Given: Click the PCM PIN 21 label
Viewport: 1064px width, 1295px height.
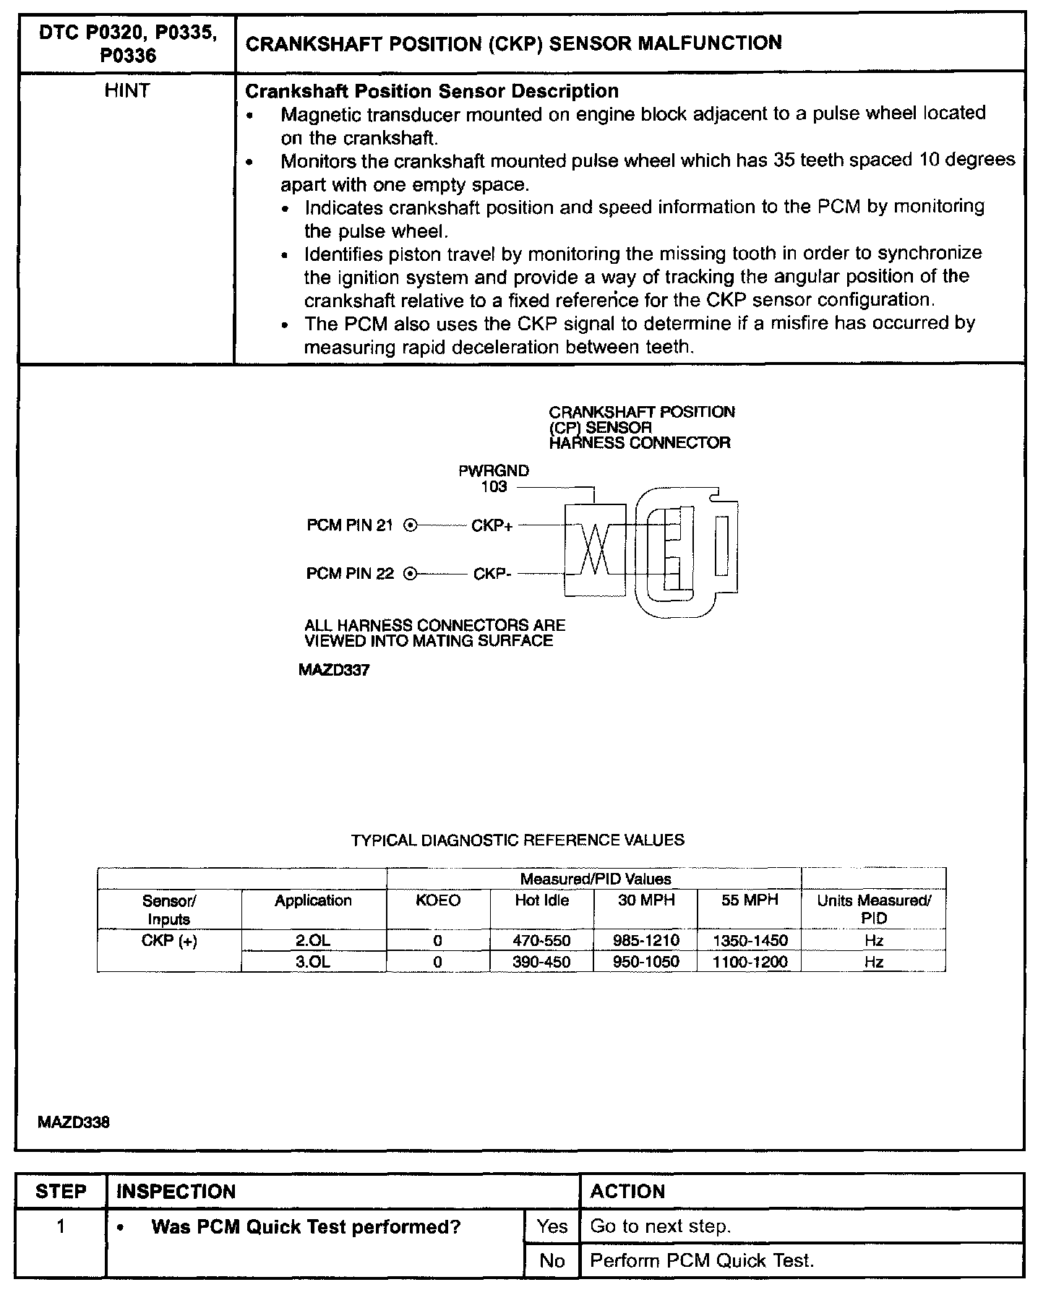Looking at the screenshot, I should click(350, 525).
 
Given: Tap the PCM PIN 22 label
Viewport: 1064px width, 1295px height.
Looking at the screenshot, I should click(350, 574).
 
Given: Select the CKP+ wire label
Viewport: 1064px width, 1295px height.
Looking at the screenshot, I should click(492, 526).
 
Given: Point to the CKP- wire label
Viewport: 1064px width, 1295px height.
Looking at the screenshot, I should click(492, 575).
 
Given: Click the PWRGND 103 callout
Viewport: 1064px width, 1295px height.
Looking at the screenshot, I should click(494, 478).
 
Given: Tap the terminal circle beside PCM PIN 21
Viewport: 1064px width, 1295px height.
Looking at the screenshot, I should click(410, 526).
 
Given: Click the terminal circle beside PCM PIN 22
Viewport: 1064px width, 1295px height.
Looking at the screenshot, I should click(410, 575).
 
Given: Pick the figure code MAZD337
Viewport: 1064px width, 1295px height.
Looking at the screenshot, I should click(334, 670).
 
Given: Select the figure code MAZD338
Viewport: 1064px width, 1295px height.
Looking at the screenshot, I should click(74, 1123).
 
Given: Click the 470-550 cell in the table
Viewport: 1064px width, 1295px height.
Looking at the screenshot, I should click(541, 941).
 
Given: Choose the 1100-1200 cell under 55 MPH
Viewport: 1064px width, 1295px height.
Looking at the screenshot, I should click(750, 962).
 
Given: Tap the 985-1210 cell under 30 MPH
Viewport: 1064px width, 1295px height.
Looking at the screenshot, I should click(645, 941).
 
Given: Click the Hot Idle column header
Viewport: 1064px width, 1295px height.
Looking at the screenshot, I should click(541, 900).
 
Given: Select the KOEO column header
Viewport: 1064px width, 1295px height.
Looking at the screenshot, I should click(438, 900).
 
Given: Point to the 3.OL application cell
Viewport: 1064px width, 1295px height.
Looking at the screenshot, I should click(313, 962).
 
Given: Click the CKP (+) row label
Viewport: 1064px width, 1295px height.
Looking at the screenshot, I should click(169, 941).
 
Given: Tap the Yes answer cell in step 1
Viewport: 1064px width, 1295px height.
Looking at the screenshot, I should click(552, 1226).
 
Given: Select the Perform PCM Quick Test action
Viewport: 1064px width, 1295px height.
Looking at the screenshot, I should click(702, 1261).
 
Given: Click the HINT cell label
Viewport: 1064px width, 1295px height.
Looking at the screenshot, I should click(127, 91).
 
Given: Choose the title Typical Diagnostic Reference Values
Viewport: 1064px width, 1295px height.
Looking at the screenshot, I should click(518, 840).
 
